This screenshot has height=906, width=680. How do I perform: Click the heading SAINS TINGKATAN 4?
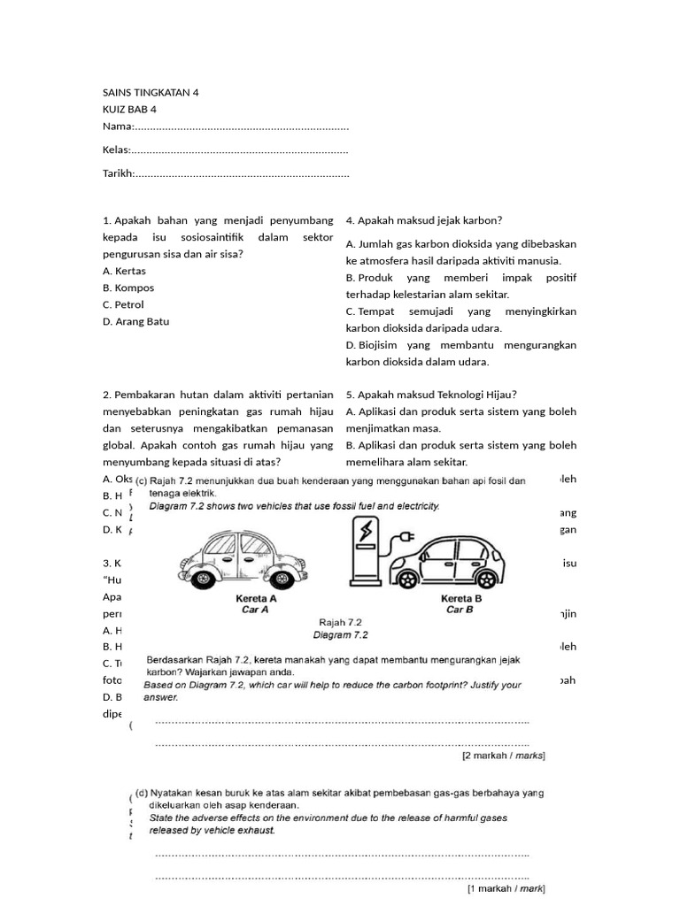pos(151,93)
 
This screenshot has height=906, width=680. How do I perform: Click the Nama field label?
pos(118,127)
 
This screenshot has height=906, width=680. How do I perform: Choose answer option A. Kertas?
pos(125,271)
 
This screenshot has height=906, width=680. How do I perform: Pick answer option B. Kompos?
pos(128,288)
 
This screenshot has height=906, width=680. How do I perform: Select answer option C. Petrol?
pos(123,304)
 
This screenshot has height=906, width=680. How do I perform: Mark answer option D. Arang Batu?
pos(135,321)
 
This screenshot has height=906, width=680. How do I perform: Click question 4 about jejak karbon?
pos(424,220)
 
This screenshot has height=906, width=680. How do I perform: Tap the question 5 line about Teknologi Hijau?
pos(431,395)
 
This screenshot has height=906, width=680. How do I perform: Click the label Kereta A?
pos(256,598)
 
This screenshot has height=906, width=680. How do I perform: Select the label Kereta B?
pos(461,598)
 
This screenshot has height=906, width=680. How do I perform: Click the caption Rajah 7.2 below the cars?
pos(341,622)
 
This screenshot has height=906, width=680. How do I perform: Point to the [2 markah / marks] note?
pos(503,756)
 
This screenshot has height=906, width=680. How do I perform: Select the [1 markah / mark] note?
pos(506,887)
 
